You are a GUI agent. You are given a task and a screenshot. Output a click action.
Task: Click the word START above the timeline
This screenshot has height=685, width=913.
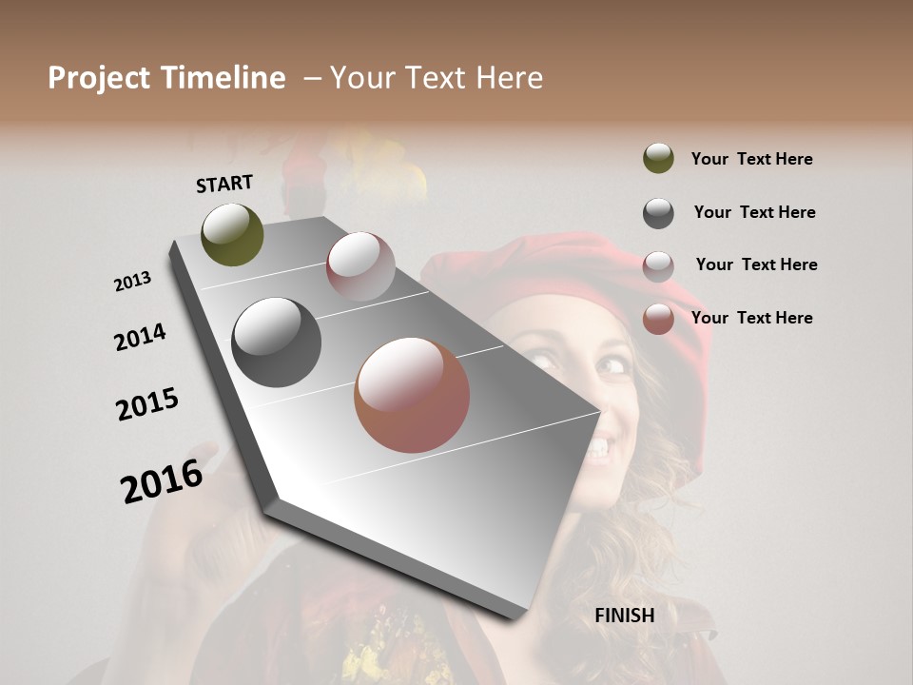(224, 183)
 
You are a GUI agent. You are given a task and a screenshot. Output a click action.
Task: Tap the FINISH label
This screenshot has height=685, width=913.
(624, 616)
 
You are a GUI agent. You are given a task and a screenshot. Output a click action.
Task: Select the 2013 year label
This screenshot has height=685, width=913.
(132, 282)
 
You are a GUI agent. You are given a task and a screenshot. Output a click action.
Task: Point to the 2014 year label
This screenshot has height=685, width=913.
(140, 337)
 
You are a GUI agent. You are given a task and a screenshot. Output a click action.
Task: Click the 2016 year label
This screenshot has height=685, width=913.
(162, 480)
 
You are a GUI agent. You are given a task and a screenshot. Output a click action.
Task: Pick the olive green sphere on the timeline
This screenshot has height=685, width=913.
(232, 234)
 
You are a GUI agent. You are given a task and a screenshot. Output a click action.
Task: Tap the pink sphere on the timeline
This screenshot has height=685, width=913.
(360, 266)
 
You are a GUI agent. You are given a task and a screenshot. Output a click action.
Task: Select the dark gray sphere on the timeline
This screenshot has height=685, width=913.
(276, 342)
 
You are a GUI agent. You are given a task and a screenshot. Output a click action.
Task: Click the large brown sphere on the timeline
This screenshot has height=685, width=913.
(412, 395)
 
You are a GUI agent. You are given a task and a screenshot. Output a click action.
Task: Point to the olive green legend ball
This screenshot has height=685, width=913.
(658, 158)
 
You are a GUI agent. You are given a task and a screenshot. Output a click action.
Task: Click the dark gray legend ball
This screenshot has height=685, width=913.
(658, 213)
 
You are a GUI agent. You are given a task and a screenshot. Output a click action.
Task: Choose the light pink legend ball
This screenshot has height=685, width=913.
(658, 265)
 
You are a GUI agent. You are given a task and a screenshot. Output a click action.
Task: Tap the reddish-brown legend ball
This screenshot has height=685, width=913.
(658, 319)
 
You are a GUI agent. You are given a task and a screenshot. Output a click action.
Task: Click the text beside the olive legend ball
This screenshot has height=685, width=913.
(751, 159)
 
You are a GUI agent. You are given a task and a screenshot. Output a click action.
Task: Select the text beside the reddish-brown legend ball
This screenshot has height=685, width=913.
(751, 318)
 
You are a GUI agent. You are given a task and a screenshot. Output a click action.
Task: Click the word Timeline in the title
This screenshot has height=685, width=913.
(223, 78)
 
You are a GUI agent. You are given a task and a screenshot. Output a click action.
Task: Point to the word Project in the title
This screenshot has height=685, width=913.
(100, 78)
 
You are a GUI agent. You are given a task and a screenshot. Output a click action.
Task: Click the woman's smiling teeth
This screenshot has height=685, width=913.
(598, 445)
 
